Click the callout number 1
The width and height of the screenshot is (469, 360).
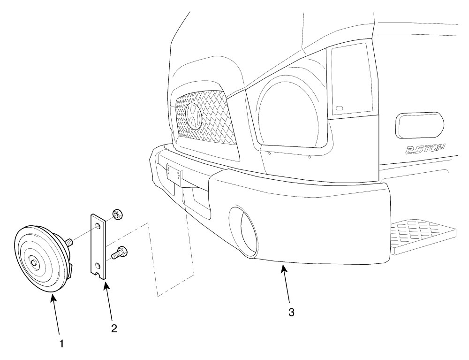[61, 344]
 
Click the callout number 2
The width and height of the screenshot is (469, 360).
[114, 329]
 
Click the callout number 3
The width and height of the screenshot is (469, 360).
[291, 313]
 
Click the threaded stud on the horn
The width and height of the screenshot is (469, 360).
[68, 241]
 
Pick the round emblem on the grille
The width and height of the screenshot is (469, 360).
[194, 116]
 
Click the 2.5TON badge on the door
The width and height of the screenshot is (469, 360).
[425, 149]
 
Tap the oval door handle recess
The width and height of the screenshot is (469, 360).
[420, 125]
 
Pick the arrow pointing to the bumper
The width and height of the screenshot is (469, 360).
[285, 283]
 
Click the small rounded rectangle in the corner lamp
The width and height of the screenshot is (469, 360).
[340, 108]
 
